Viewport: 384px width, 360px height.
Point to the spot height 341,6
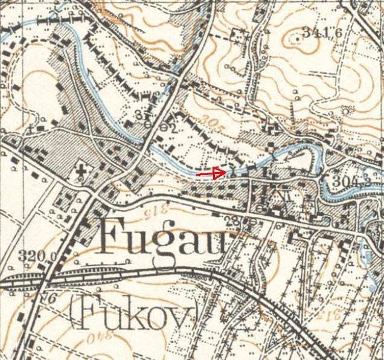click(x=322, y=33)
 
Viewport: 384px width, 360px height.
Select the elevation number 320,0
click(x=37, y=255)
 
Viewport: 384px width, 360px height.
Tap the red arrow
click(x=211, y=173)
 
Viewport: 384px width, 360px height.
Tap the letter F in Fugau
click(x=114, y=236)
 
